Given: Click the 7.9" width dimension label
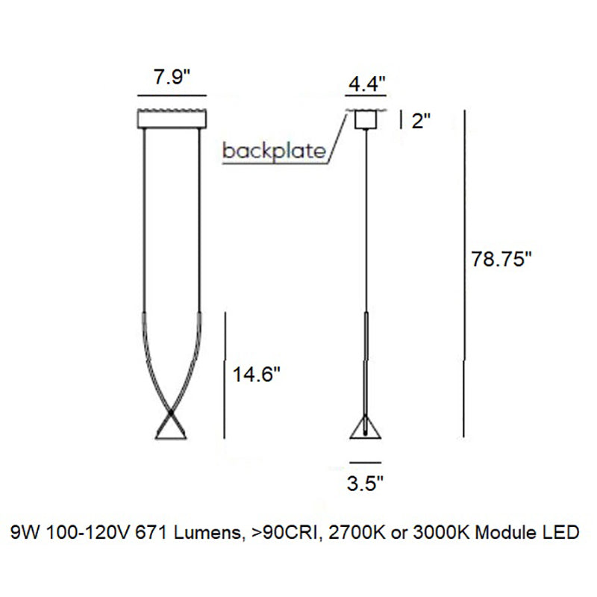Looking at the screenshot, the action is (x=172, y=77).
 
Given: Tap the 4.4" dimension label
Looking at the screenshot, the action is (x=367, y=84).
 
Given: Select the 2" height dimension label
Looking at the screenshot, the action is (x=421, y=121).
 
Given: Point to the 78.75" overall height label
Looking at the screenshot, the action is (x=501, y=260).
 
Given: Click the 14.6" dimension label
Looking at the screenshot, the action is (x=256, y=375).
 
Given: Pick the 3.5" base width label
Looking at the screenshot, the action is (x=364, y=484).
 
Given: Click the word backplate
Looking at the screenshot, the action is (x=274, y=151).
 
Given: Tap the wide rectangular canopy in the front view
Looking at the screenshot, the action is (x=172, y=119).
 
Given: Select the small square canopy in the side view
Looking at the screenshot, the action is (x=366, y=119).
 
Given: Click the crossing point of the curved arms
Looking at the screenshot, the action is (x=171, y=413).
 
